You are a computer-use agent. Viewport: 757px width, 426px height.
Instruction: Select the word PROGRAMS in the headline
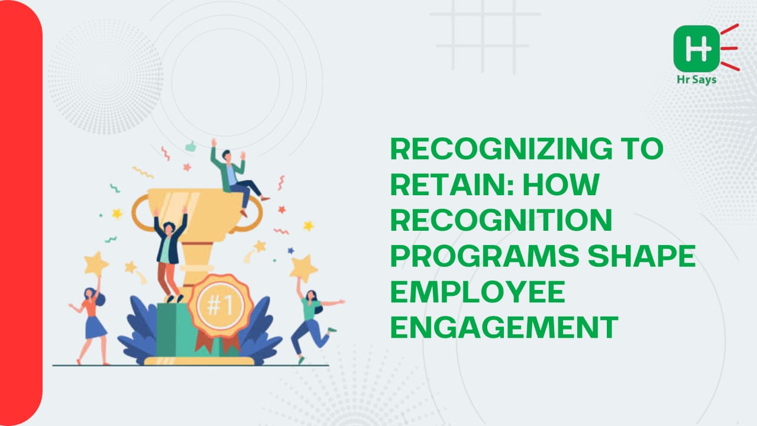coord(485,256)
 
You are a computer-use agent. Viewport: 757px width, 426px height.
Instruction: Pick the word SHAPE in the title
coord(642,256)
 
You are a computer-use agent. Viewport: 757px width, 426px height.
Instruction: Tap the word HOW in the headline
coord(561,184)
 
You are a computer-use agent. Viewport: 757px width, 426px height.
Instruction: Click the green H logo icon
coord(696,49)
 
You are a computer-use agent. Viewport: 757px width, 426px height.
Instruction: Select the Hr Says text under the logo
coord(697,80)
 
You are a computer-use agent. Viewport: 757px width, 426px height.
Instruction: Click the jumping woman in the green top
coord(313,323)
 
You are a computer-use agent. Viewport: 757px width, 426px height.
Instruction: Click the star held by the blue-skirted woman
coord(96,264)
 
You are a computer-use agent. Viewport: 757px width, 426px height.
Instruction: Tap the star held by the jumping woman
coord(303,269)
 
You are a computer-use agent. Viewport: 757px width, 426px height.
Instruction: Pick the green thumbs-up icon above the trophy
coord(191,146)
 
